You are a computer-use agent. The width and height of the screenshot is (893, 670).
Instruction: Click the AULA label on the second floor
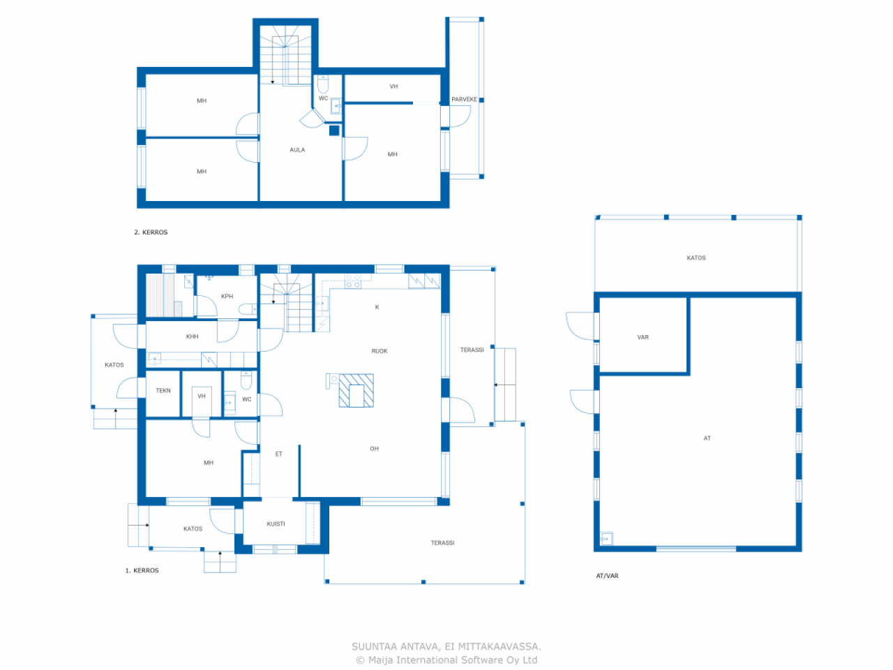(x=297, y=149)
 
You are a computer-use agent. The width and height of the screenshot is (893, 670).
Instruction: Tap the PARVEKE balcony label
(x=464, y=99)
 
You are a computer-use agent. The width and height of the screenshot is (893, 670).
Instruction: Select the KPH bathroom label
(x=227, y=296)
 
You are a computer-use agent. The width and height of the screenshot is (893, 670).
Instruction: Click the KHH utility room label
(x=192, y=336)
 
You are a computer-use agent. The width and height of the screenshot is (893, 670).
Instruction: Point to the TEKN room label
(x=163, y=391)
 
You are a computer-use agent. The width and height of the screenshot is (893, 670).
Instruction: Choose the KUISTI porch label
(x=276, y=524)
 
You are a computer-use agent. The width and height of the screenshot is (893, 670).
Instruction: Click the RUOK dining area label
(x=379, y=351)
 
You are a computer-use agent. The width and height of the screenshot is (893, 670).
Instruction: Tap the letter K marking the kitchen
(x=377, y=307)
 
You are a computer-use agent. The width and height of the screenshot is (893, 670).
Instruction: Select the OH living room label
(x=374, y=449)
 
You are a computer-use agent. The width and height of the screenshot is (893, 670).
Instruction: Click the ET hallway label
(x=278, y=454)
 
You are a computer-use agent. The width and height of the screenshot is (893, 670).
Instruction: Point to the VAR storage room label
(x=643, y=337)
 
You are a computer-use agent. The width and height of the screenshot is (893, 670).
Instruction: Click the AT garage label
(x=707, y=438)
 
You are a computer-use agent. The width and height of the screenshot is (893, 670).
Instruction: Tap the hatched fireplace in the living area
(x=357, y=391)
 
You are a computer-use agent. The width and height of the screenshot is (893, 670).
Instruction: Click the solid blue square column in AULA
(x=334, y=131)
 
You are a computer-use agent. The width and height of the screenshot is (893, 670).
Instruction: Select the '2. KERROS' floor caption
(x=151, y=232)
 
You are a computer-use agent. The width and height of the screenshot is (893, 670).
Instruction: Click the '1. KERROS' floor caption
(x=142, y=570)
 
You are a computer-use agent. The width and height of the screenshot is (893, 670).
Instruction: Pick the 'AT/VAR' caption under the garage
(x=607, y=576)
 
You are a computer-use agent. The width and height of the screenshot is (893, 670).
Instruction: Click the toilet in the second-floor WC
(x=323, y=84)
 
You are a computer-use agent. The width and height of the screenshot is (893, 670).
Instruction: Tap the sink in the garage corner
(x=606, y=539)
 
